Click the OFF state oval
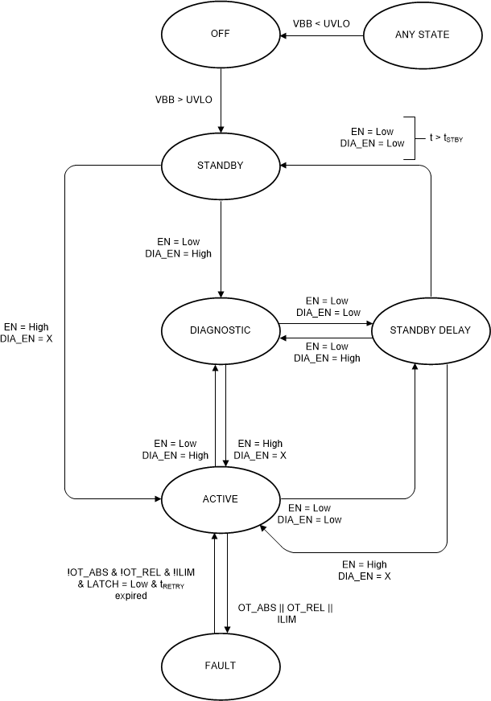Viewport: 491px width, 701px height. pyautogui.click(x=220, y=35)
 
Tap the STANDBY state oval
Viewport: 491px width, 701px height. pyautogui.click(x=220, y=165)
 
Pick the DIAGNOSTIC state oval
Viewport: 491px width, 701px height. pyautogui.click(x=220, y=330)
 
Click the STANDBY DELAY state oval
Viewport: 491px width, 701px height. pyautogui.click(x=430, y=330)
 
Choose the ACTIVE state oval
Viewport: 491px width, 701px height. pyautogui.click(x=220, y=499)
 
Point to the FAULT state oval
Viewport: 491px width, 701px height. pyautogui.click(x=220, y=665)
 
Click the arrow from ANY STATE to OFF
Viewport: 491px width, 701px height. pyautogui.click(x=322, y=35)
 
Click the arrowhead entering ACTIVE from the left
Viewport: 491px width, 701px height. pyautogui.click(x=156, y=499)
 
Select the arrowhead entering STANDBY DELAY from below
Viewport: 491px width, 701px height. pyautogui.click(x=415, y=367)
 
